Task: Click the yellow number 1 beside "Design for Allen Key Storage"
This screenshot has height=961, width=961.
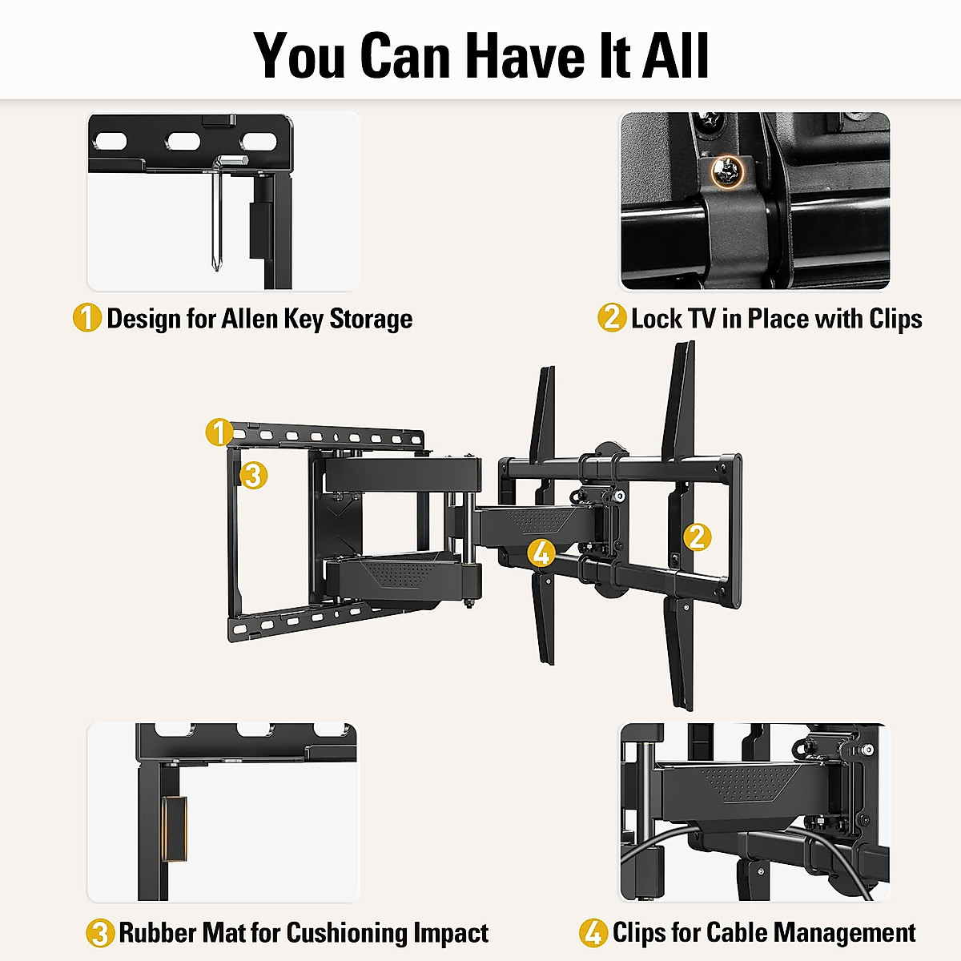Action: pyautogui.click(x=87, y=318)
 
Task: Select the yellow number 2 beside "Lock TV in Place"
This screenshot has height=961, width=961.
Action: pyautogui.click(x=612, y=318)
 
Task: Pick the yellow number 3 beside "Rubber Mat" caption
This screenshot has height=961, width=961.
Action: pyautogui.click(x=100, y=933)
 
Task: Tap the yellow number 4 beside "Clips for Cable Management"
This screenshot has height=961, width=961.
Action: pyautogui.click(x=593, y=933)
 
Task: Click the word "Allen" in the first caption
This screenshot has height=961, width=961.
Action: pyautogui.click(x=250, y=318)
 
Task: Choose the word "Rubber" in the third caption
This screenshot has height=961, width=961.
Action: pyautogui.click(x=159, y=933)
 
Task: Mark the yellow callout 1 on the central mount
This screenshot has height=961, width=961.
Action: pyautogui.click(x=219, y=432)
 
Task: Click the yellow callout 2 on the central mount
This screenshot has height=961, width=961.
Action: pyautogui.click(x=698, y=537)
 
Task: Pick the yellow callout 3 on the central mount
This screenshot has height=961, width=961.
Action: pyautogui.click(x=253, y=476)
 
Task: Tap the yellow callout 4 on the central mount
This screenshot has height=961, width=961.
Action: pyautogui.click(x=542, y=553)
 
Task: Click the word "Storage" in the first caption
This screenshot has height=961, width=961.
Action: pyautogui.click(x=371, y=318)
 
